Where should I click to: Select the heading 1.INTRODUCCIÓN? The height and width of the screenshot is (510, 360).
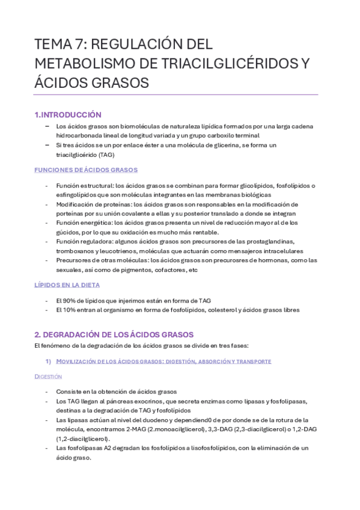(68, 114)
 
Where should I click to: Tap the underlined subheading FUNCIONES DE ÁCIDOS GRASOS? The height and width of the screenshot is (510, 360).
(86, 170)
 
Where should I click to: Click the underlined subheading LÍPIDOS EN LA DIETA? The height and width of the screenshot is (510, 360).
(67, 284)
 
